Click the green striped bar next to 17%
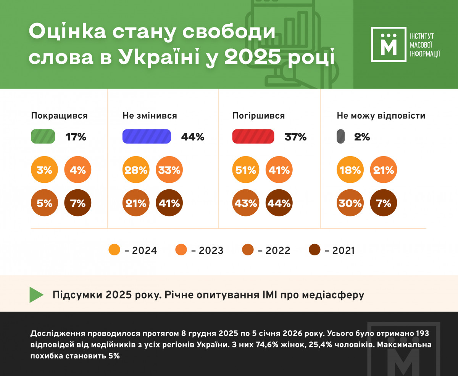coord(43,137)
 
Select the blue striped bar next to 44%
coord(147,137)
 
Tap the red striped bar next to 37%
coord(253,137)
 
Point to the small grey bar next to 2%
coord(341,137)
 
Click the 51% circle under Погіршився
coord(246,170)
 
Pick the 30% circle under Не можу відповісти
coord(350,203)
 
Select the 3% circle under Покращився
coord(45,170)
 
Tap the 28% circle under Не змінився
coord(136,170)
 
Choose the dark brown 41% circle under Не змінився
coord(169,203)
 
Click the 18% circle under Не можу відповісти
coord(350,170)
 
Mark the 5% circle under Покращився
coord(45,203)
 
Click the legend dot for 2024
coord(114,250)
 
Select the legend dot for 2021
coord(315,250)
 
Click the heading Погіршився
coord(259,116)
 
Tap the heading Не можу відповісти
coord(381,116)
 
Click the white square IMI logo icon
coord(389,44)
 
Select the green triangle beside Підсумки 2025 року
coord(37,295)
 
